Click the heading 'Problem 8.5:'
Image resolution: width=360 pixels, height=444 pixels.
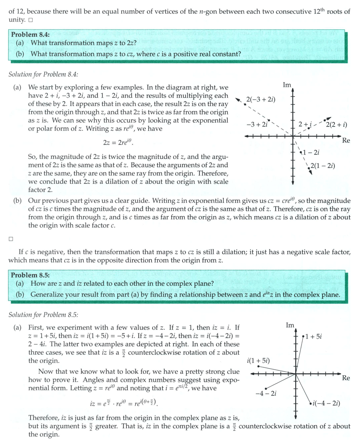[x=30, y=275]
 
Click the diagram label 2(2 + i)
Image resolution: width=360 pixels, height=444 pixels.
[x=336, y=125]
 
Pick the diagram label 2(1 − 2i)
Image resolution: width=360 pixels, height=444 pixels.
[x=323, y=165]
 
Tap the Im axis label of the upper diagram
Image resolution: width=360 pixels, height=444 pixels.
[x=287, y=85]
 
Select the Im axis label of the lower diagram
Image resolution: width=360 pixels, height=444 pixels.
[x=290, y=325]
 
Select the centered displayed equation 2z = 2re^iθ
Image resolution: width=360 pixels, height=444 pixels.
[x=118, y=143]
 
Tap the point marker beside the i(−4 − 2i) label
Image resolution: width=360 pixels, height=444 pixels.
[x=310, y=403]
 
